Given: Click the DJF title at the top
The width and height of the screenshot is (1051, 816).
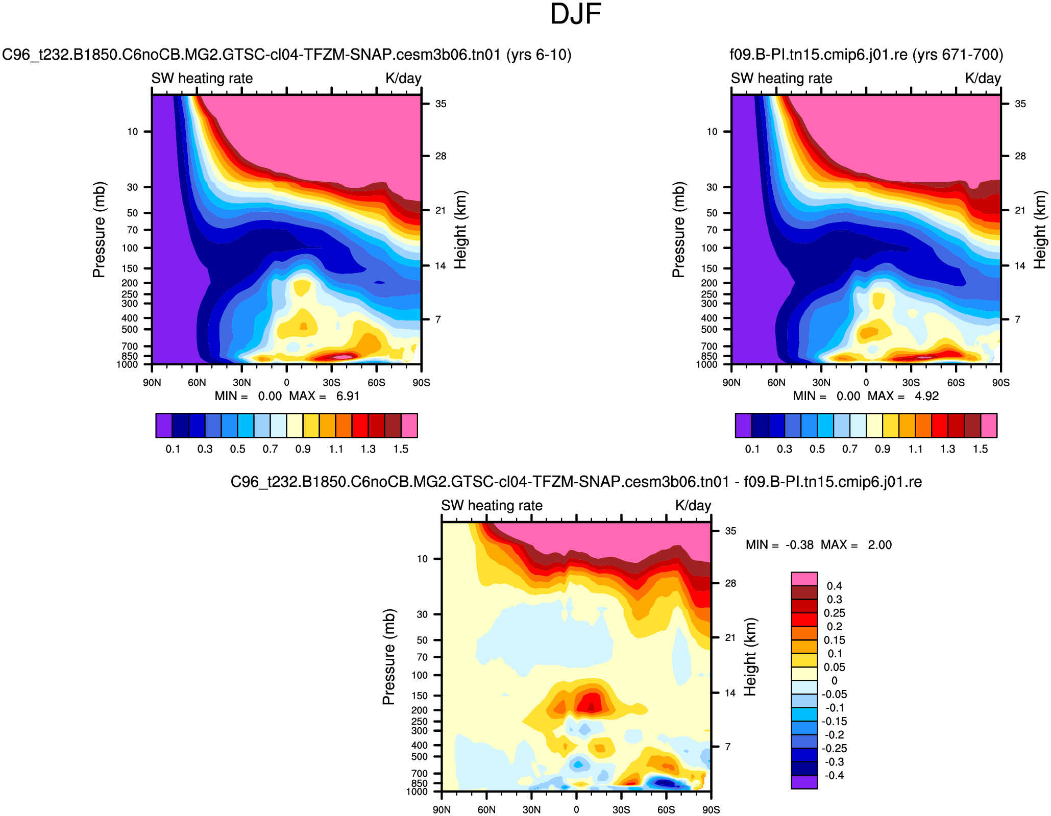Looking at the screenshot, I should click(x=575, y=14).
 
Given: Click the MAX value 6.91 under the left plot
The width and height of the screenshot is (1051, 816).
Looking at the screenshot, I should click(x=348, y=397).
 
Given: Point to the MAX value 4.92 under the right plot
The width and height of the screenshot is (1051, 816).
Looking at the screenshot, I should click(x=926, y=397).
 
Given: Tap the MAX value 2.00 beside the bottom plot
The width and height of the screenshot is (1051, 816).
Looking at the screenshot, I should click(x=879, y=545).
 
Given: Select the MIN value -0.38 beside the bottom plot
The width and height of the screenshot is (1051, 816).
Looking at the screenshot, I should click(x=799, y=545).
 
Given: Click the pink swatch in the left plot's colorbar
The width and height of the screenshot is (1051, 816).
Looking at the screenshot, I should click(x=409, y=426).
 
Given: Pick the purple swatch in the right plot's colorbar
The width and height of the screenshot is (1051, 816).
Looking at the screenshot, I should click(x=743, y=426).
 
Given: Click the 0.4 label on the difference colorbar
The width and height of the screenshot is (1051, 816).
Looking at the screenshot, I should click(x=834, y=586).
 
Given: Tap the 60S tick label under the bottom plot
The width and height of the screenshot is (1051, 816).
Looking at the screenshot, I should click(x=666, y=810).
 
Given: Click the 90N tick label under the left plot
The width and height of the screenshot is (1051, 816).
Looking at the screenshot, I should click(x=152, y=383).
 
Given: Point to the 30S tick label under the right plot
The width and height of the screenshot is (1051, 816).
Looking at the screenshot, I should click(x=911, y=383).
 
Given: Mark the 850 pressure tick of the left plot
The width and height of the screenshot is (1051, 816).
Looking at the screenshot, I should click(x=130, y=356).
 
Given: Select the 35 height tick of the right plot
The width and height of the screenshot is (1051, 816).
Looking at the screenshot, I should click(x=1020, y=104).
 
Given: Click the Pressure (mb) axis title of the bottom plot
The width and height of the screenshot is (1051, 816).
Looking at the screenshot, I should click(x=389, y=657).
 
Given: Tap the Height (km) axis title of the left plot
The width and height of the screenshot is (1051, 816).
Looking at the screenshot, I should click(x=460, y=230).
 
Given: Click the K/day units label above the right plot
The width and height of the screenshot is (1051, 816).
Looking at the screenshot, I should click(x=983, y=79).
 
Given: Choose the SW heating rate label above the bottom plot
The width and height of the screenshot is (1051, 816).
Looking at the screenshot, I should click(x=492, y=506).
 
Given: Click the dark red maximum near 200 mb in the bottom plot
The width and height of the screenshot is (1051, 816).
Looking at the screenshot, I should click(x=591, y=707).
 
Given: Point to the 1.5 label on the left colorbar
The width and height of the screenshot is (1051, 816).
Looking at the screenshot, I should click(x=401, y=449).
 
